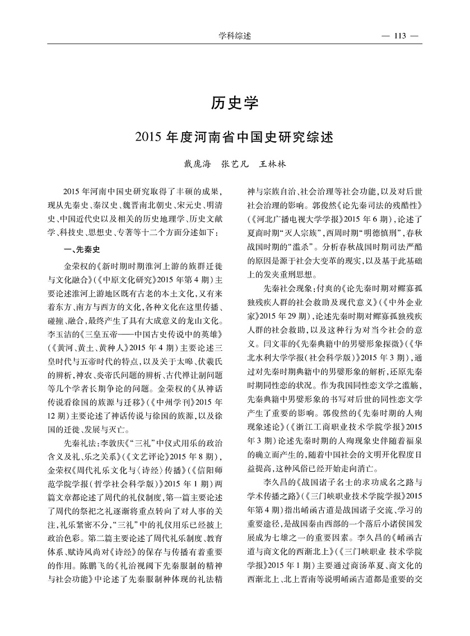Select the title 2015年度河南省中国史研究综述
(235, 137)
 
